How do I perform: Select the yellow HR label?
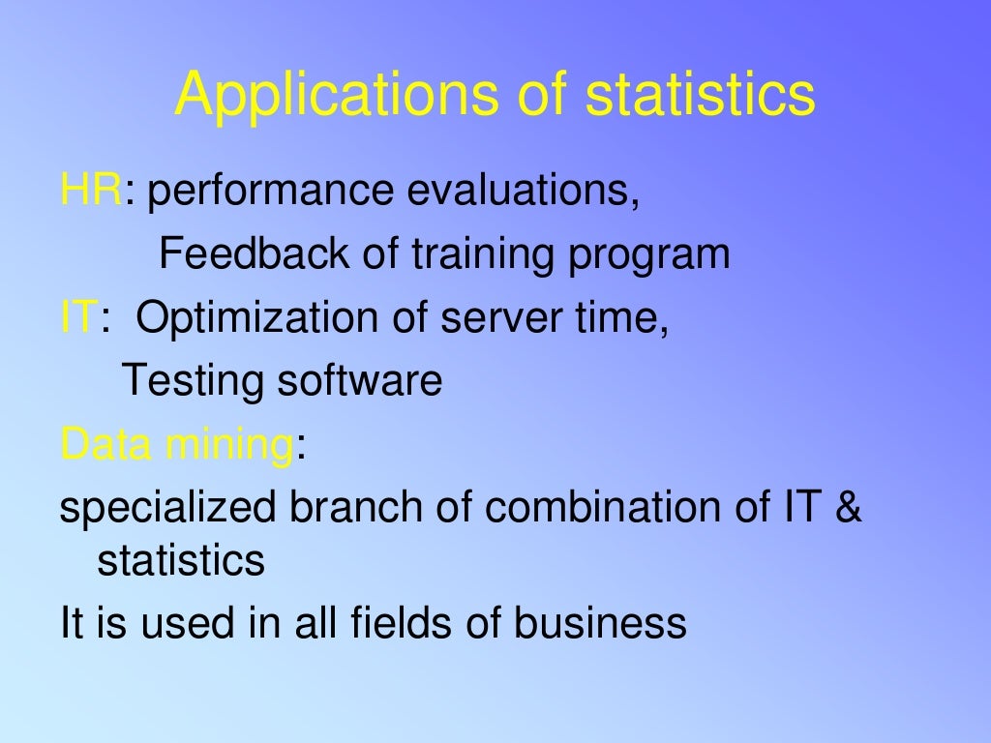91,192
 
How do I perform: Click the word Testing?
193,382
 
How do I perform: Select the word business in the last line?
600,623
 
